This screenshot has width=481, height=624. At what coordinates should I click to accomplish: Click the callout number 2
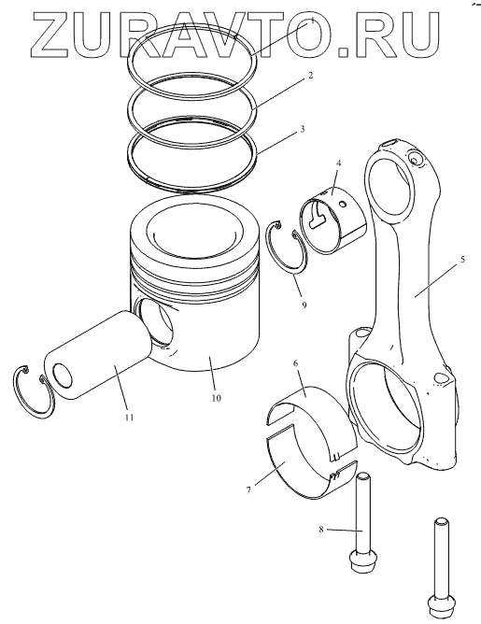pos(311,75)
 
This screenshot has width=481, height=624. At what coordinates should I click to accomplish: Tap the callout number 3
pos(303,129)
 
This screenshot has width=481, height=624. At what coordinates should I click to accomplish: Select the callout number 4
pos(339,163)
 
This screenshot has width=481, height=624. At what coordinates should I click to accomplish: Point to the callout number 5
pos(462,260)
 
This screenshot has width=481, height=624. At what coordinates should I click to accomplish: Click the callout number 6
pos(295,363)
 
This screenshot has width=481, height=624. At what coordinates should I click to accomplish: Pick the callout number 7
pos(248,489)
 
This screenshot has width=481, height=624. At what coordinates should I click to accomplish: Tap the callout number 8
pos(320,530)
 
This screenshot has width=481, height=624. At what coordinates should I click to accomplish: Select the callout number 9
pos(304,305)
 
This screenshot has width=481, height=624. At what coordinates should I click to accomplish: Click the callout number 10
pos(216,398)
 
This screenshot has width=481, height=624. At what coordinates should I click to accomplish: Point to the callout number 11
pos(129,417)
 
